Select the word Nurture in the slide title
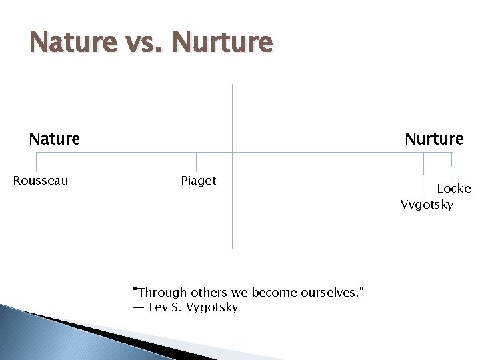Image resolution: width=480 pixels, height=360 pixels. click(x=221, y=43)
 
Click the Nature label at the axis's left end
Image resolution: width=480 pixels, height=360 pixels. click(x=54, y=139)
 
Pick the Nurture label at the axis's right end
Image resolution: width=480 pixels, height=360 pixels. click(x=434, y=139)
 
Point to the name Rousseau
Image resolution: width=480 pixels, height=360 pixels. click(x=41, y=181)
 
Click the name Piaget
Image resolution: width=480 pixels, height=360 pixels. click(x=199, y=181)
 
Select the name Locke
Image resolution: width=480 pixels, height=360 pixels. click(x=453, y=189)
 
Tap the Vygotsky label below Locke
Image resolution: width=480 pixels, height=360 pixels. click(x=427, y=204)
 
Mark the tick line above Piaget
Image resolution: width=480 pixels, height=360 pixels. click(x=197, y=162)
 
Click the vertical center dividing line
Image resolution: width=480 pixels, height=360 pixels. click(x=232, y=200)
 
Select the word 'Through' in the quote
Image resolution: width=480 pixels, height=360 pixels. click(x=160, y=292)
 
